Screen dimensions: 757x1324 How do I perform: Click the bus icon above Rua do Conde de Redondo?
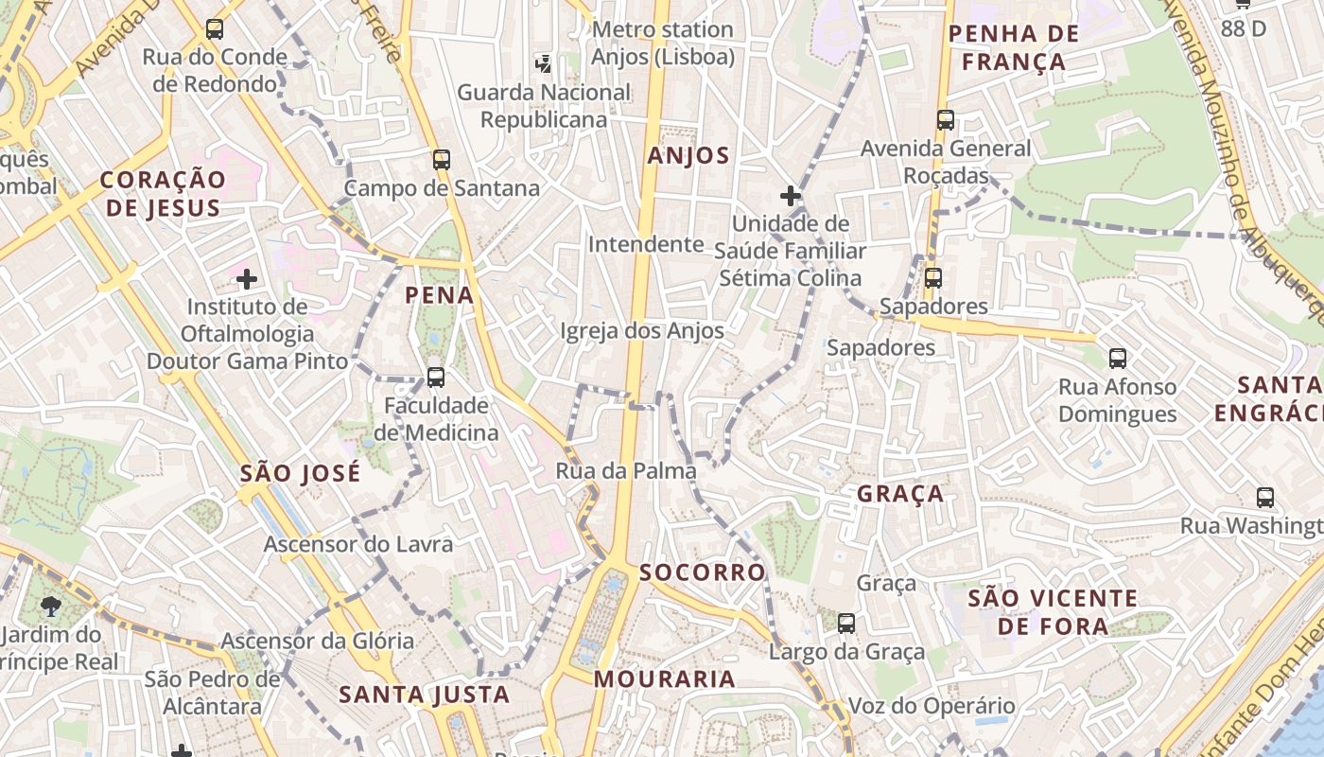(x=215, y=29)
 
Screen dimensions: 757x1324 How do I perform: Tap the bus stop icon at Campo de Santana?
(x=441, y=159)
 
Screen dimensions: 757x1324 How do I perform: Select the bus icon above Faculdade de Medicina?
(x=435, y=377)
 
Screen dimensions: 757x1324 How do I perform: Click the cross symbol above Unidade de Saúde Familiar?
(x=791, y=196)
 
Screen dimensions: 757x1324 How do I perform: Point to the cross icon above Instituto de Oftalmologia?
(x=247, y=279)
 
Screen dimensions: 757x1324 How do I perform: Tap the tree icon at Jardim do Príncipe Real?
(x=51, y=607)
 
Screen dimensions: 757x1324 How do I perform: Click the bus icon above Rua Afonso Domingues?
(x=1117, y=358)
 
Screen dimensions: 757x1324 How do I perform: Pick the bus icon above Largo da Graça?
(x=846, y=623)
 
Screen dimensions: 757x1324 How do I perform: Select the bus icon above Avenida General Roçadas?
(x=945, y=120)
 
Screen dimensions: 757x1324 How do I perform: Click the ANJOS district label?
(x=688, y=156)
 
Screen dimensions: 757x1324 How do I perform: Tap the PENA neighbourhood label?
(x=439, y=295)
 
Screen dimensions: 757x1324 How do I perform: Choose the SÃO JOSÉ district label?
(x=300, y=473)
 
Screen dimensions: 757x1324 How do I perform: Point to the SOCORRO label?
(x=702, y=572)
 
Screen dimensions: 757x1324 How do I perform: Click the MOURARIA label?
(x=664, y=678)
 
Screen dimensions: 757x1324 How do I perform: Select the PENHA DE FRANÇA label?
(x=1013, y=48)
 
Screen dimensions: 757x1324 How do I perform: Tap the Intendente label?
(x=646, y=244)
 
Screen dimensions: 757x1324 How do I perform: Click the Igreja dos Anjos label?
(x=641, y=331)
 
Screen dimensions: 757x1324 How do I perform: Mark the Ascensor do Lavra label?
(x=357, y=544)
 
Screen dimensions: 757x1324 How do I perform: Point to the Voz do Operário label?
(x=917, y=706)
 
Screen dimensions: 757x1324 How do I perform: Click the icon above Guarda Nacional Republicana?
(x=543, y=63)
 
